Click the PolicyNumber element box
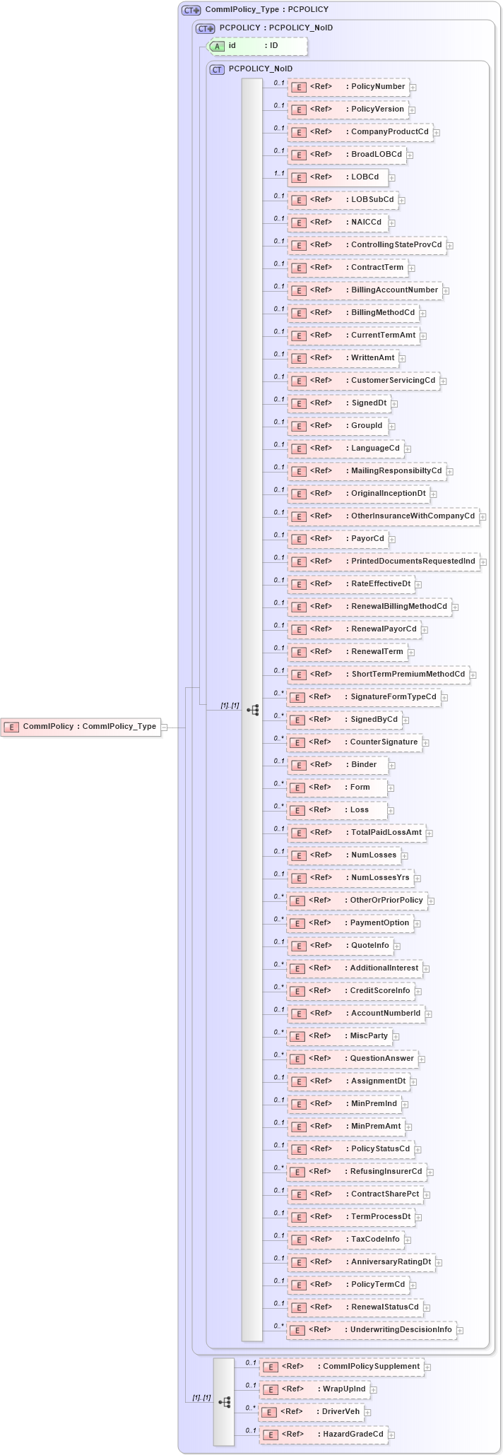click(348, 87)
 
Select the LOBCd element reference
click(338, 177)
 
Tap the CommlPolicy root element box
click(81, 726)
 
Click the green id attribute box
click(258, 46)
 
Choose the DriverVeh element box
click(311, 1411)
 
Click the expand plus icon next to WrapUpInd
click(374, 1389)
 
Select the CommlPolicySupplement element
click(341, 1366)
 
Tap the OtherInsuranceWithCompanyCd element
click(382, 516)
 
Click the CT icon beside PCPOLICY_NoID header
click(218, 69)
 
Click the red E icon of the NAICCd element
click(299, 222)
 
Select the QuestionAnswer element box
click(351, 1058)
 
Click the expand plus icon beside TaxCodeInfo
click(408, 1240)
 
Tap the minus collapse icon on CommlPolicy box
click(164, 726)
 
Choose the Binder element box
click(336, 764)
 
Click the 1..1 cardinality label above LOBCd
click(279, 173)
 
